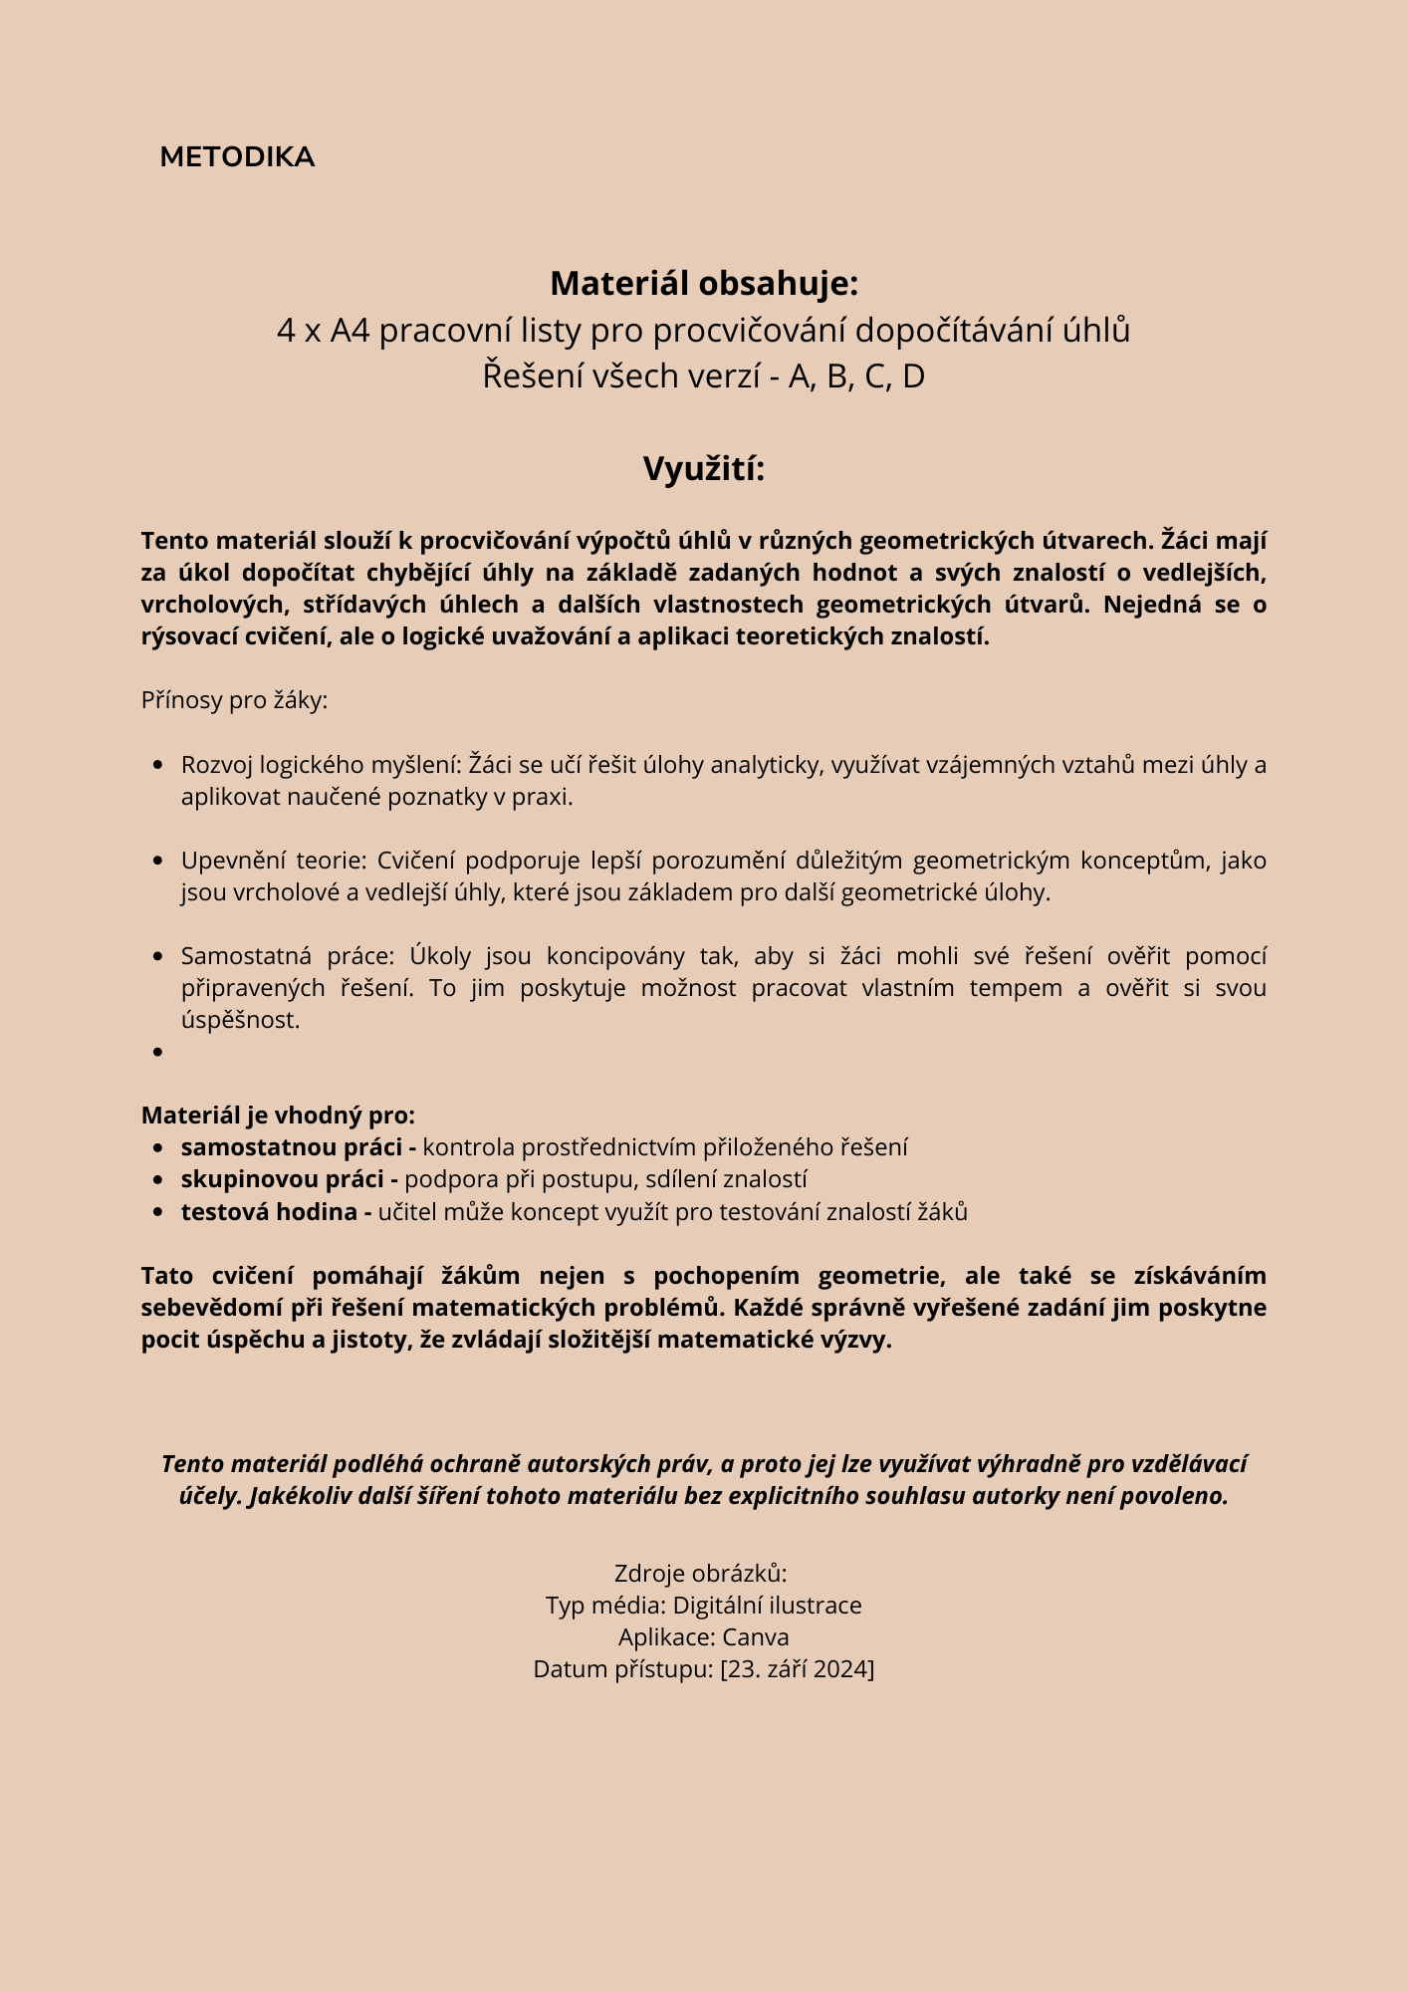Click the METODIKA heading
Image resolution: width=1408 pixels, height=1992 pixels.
(237, 157)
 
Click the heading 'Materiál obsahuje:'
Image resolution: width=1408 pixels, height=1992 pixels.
(704, 284)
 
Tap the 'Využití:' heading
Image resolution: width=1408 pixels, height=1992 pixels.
(704, 469)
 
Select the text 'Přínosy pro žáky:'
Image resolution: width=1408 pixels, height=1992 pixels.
(234, 700)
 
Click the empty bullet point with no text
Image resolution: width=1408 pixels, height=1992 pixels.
(158, 1052)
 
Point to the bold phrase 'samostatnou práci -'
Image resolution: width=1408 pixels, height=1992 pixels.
(298, 1147)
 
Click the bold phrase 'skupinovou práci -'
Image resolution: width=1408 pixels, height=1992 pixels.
(289, 1179)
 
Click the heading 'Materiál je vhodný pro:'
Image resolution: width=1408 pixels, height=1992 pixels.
(278, 1116)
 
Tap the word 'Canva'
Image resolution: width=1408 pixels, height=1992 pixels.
(755, 1637)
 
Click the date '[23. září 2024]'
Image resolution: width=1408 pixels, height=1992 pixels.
(797, 1669)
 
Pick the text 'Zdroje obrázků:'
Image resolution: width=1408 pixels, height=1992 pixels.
(701, 1574)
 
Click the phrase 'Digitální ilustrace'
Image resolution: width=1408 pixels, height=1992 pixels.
(767, 1606)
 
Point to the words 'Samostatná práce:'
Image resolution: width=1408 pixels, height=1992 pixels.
(288, 956)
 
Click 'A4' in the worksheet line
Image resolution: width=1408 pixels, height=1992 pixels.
(350, 331)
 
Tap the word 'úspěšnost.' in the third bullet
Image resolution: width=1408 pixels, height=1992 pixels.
(240, 1020)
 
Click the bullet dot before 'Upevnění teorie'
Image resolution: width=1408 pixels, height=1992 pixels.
(158, 861)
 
